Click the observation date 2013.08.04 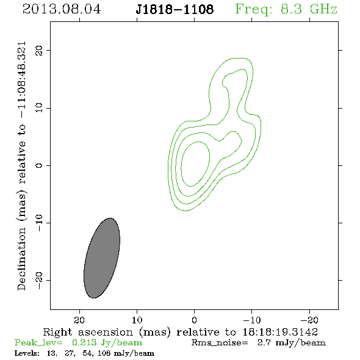pos(62,9)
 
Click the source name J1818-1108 pos(175,9)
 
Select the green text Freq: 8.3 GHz pos(286,9)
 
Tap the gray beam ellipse pos(102,258)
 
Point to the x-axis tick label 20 pos(79,320)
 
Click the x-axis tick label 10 pos(137,320)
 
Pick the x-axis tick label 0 pos(194,320)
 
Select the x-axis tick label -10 pos(252,320)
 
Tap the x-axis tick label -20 pos(309,320)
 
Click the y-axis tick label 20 pos(39,50)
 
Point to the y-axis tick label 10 pos(39,107)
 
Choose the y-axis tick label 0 pos(39,165)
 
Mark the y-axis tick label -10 pos(39,223)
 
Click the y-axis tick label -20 pos(39,280)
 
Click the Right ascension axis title pos(181,332)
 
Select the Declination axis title pos(21,166)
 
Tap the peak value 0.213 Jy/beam pos(107,343)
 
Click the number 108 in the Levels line pos(104,353)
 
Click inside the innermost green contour pos(195,164)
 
